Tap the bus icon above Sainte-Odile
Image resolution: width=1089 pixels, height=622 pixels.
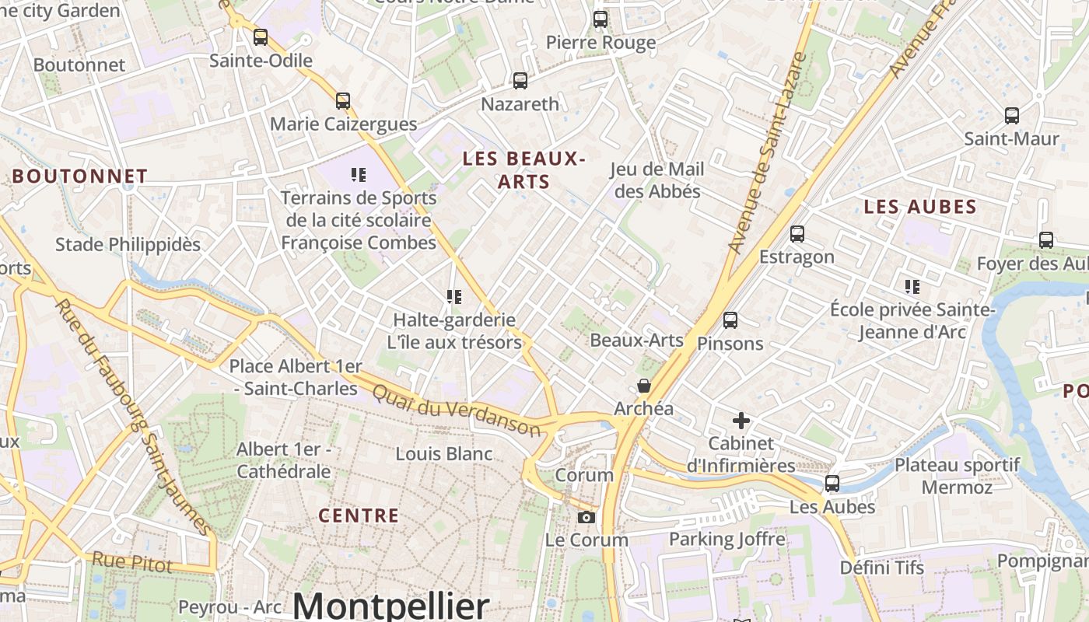[x=261, y=37]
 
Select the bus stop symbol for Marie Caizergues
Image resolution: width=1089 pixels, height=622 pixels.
[x=343, y=100]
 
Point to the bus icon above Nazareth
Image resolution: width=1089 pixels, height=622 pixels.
[x=520, y=80]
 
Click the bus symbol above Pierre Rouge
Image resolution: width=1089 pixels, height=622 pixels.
[x=601, y=19]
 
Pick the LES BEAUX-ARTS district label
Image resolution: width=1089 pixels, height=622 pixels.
[x=523, y=170]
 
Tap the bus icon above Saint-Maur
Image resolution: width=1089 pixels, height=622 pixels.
[x=1012, y=116]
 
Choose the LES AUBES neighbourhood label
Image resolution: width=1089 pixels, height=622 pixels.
[x=920, y=207]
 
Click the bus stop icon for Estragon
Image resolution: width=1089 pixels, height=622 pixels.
[x=797, y=233]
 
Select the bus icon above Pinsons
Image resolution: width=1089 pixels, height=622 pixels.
[x=730, y=320]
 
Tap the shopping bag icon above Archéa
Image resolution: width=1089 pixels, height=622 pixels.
[x=644, y=386]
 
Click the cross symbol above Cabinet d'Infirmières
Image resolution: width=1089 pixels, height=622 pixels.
[x=741, y=421]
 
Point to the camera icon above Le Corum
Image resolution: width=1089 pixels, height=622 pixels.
[x=587, y=517]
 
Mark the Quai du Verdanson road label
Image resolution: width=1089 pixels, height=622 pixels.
[x=456, y=411]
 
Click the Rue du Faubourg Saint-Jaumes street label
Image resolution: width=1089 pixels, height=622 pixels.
[x=134, y=417]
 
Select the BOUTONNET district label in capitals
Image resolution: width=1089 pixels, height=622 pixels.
[x=79, y=176]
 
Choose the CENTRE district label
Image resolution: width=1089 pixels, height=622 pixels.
[x=359, y=515]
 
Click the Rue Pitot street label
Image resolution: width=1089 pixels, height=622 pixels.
[x=131, y=562]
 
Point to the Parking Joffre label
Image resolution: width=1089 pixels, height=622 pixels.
[x=727, y=539]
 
